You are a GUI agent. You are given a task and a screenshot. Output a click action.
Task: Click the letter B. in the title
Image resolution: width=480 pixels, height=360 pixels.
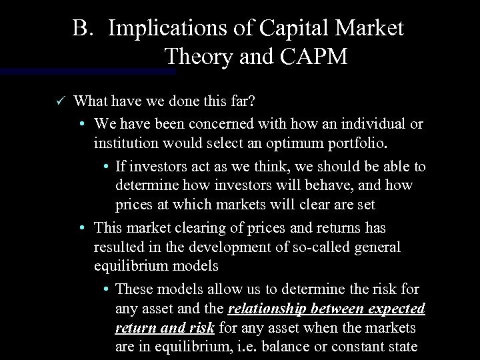pyautogui.click(x=85, y=29)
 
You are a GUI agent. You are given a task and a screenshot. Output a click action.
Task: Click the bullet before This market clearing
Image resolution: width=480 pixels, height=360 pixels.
pyautogui.click(x=80, y=227)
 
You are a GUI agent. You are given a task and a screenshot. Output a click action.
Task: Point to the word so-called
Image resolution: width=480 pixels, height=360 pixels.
pyautogui.click(x=325, y=247)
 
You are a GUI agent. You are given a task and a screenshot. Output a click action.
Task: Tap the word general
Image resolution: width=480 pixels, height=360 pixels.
pyautogui.click(x=377, y=247)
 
